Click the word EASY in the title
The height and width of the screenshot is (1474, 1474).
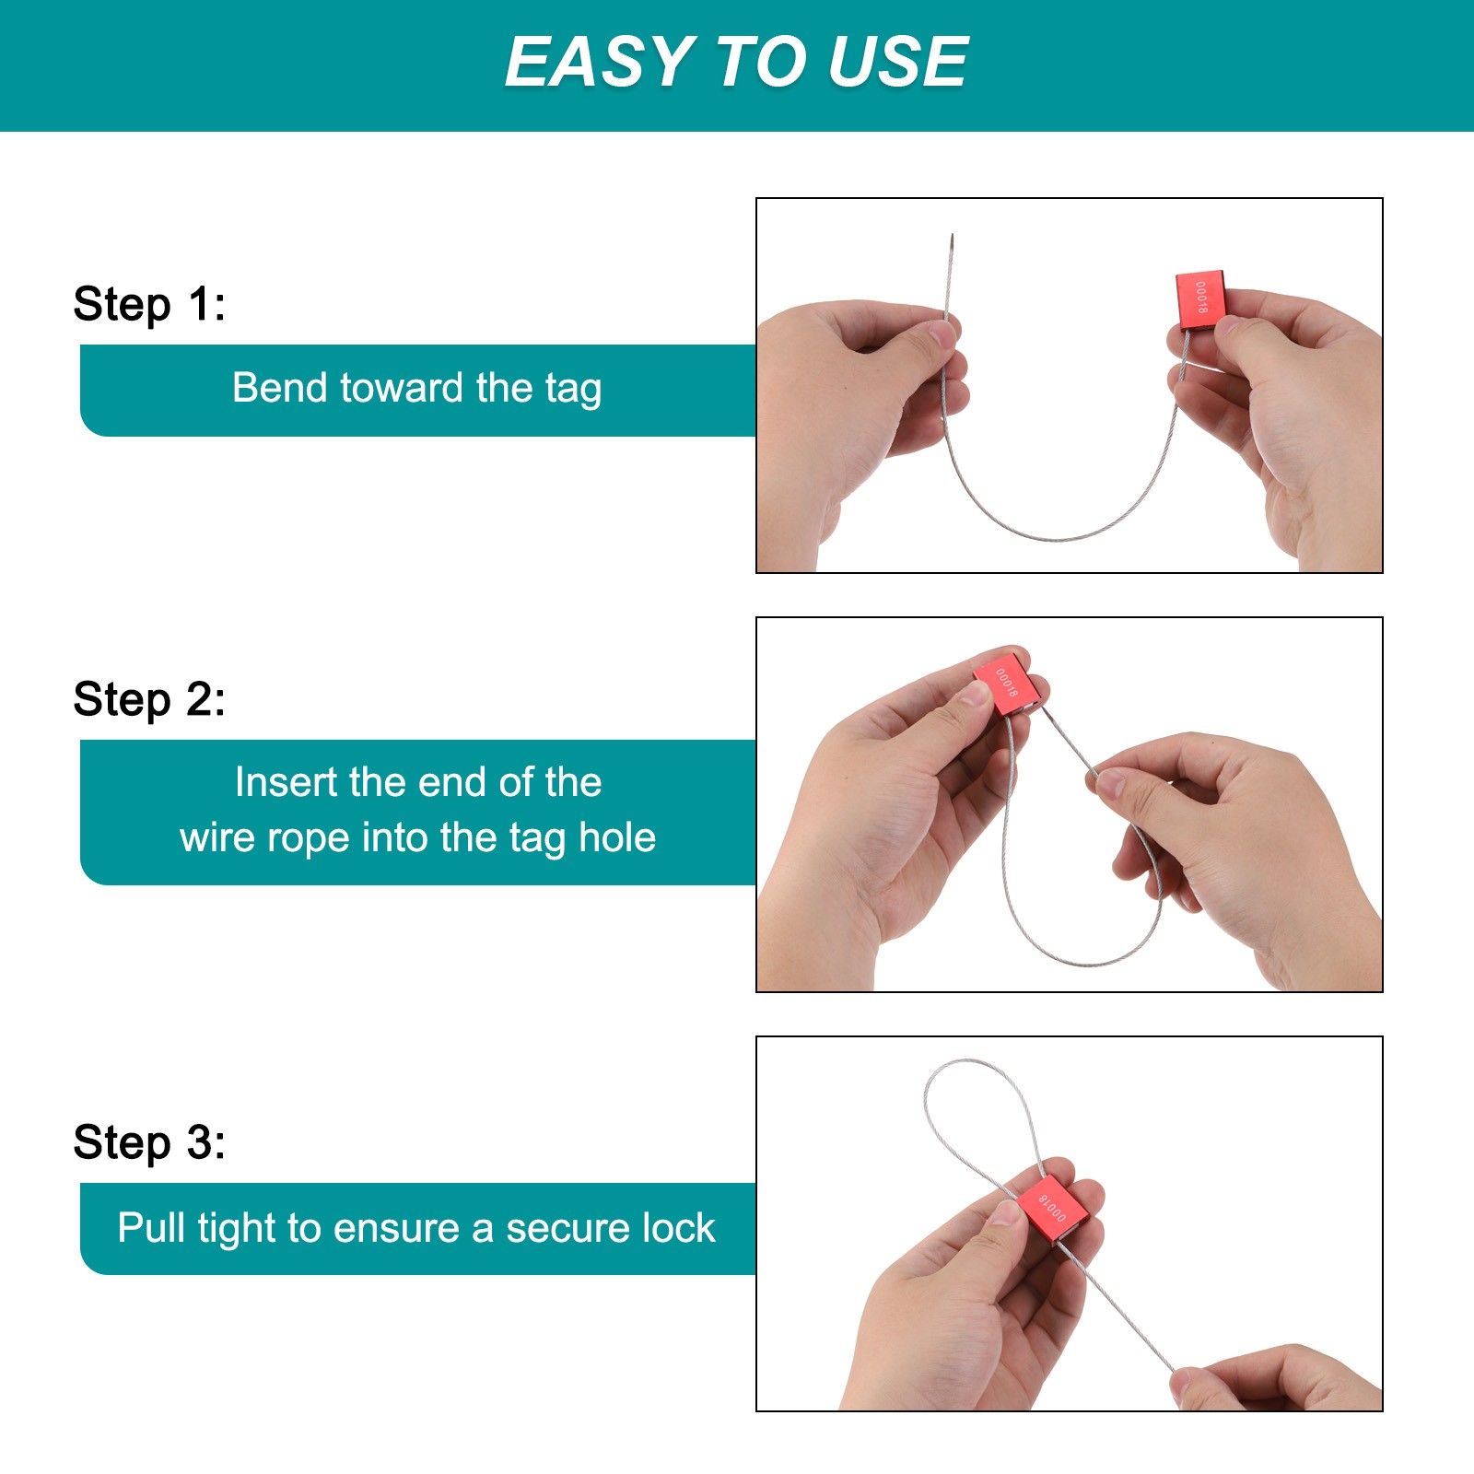coord(600,62)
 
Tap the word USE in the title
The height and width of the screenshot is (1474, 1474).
coord(899,62)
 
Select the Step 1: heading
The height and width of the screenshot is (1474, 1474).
coord(149,304)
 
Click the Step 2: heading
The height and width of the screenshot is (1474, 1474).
coord(149,699)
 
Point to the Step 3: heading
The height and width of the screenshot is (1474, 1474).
coord(149,1142)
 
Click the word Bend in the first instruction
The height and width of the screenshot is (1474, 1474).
coord(278,388)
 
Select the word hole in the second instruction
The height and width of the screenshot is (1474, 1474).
coord(617,837)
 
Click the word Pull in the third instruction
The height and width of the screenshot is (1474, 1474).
coord(151,1228)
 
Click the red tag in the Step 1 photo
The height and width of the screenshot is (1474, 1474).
coord(1201,300)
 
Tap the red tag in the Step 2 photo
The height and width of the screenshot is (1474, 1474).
coord(1010,684)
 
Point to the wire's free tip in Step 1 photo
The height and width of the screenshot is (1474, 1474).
coord(952,235)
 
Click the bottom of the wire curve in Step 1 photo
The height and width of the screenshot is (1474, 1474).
coord(1059,539)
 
